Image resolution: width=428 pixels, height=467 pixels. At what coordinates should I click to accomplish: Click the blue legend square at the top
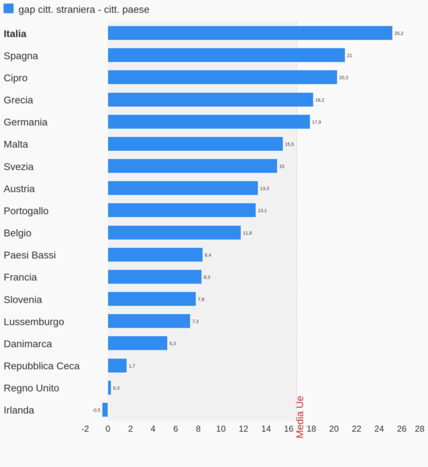[9, 9]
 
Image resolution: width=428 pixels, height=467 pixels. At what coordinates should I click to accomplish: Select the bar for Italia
[249, 33]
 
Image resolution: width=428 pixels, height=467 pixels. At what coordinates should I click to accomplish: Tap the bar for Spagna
[226, 55]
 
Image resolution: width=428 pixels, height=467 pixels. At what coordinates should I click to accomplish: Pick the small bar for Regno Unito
[109, 387]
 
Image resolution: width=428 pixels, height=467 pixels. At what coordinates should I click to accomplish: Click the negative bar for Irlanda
[105, 410]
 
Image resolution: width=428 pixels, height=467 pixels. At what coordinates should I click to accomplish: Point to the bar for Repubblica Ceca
[117, 365]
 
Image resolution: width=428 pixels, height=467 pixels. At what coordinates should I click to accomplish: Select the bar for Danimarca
[137, 343]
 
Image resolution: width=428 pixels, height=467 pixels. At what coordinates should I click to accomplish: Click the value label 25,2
[399, 34]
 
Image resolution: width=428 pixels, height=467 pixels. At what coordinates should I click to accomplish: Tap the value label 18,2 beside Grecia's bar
[319, 100]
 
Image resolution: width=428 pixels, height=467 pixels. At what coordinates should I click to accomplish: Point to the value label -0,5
[96, 410]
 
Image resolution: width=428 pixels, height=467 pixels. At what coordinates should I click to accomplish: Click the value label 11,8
[247, 233]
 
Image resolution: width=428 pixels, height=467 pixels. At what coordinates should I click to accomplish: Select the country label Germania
[26, 122]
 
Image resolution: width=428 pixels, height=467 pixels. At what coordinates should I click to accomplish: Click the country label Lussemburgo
[34, 321]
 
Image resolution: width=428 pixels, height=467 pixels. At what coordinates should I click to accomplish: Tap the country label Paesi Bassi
[30, 255]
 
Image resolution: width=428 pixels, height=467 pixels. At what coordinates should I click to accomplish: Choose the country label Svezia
[19, 166]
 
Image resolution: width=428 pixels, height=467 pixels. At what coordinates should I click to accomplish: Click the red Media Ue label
[301, 416]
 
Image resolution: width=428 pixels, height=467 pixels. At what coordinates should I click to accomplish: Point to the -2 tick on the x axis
[85, 429]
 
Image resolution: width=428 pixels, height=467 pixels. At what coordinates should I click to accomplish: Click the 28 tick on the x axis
[419, 429]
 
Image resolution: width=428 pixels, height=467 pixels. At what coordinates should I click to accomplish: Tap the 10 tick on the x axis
[220, 429]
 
